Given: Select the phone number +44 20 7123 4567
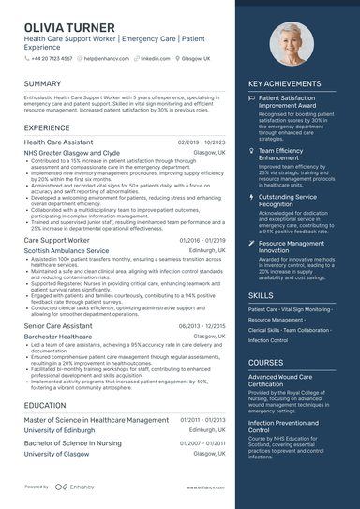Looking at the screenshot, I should pyautogui.click(x=52, y=58).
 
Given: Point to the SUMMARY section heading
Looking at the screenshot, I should pyautogui.click(x=43, y=83).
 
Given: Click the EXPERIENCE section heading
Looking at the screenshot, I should pyautogui.click(x=47, y=127).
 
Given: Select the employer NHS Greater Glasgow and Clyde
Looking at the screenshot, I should pyautogui.click(x=71, y=152).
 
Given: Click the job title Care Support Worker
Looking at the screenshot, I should pyautogui.click(x=56, y=241).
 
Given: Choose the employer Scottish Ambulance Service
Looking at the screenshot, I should pyautogui.click(x=66, y=251).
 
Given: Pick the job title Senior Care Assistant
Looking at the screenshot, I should pyautogui.click(x=58, y=325).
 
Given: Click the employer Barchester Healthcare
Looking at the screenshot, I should pyautogui.click(x=58, y=336).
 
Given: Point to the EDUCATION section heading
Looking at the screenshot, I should pyautogui.click(x=45, y=405).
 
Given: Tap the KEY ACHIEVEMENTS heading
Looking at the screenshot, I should pyautogui.click(x=284, y=83).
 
